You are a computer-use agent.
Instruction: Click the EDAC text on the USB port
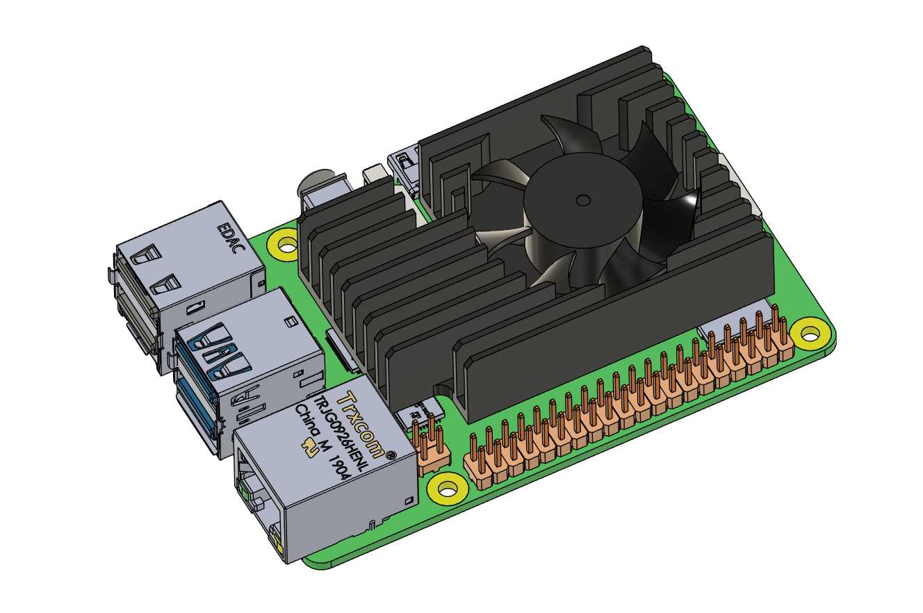pos(231,238)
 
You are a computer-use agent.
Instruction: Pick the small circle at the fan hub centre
pos(582,201)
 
